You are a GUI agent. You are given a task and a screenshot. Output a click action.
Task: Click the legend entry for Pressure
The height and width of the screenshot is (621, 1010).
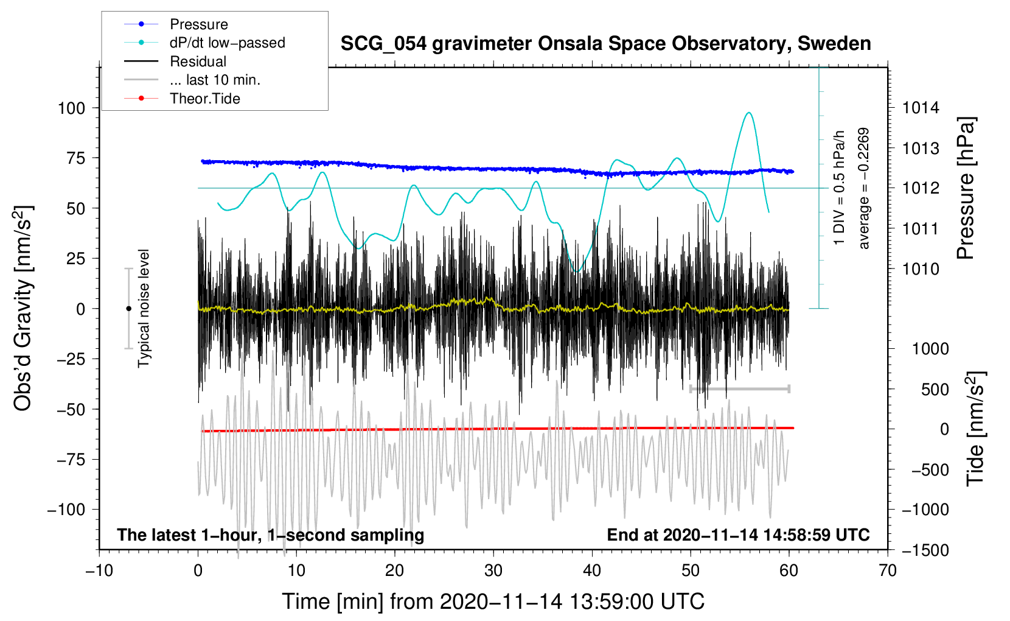[x=198, y=24]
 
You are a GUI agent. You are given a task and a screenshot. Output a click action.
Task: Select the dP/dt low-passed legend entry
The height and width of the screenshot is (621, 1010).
[x=227, y=43]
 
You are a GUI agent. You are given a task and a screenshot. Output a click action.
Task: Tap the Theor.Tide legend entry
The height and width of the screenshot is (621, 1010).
[x=204, y=99]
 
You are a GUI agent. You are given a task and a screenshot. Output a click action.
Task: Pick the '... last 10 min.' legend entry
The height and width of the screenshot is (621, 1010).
[x=215, y=80]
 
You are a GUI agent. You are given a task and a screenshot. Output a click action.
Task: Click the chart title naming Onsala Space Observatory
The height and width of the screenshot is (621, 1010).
[x=605, y=44]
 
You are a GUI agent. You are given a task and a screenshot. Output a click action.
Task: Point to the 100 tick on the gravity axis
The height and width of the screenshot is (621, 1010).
[x=71, y=108]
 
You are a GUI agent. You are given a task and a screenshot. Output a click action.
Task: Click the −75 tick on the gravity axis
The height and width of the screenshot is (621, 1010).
[x=71, y=460]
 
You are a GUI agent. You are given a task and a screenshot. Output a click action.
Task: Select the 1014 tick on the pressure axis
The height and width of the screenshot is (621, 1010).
[x=921, y=108]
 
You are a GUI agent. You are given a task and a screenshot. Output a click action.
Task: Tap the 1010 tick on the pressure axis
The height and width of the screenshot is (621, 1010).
[x=921, y=269]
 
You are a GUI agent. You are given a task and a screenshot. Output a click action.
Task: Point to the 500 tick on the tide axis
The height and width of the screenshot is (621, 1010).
[x=935, y=390]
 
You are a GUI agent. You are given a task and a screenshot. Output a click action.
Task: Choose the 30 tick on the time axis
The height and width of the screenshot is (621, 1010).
[x=493, y=570]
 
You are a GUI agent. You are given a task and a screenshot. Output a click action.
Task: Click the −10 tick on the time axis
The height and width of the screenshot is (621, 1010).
[x=99, y=570]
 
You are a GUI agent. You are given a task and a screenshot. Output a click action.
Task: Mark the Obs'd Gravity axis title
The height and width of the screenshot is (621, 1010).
[x=23, y=308]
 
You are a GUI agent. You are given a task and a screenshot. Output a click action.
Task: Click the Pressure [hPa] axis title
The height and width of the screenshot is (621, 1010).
[x=966, y=188]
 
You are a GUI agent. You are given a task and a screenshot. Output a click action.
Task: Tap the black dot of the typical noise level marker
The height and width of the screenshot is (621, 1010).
[x=128, y=309]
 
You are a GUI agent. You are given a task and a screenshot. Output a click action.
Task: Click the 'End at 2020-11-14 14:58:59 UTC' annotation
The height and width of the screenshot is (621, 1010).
[x=738, y=535]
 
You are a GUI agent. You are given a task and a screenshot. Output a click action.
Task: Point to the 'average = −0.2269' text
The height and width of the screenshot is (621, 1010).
[x=863, y=188]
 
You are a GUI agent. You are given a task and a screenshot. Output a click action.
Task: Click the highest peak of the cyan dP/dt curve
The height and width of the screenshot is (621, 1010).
[x=749, y=113]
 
